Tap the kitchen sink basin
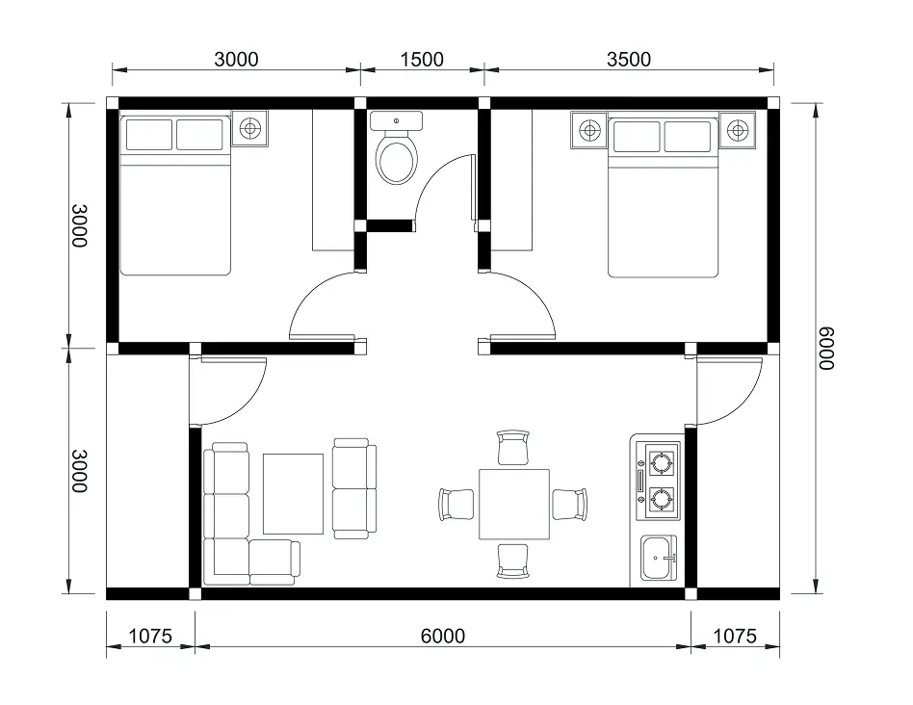657,557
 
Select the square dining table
514,504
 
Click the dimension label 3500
629,60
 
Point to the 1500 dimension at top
422,60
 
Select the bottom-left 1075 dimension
149,636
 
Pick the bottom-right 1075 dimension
735,636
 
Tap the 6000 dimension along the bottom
442,636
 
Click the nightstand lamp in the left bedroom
249,128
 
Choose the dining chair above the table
513,448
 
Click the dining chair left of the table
456,504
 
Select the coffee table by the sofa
293,494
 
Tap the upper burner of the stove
662,463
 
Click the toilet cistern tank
397,121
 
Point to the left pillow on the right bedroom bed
637,136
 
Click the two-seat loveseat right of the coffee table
354,488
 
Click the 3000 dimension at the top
236,60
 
